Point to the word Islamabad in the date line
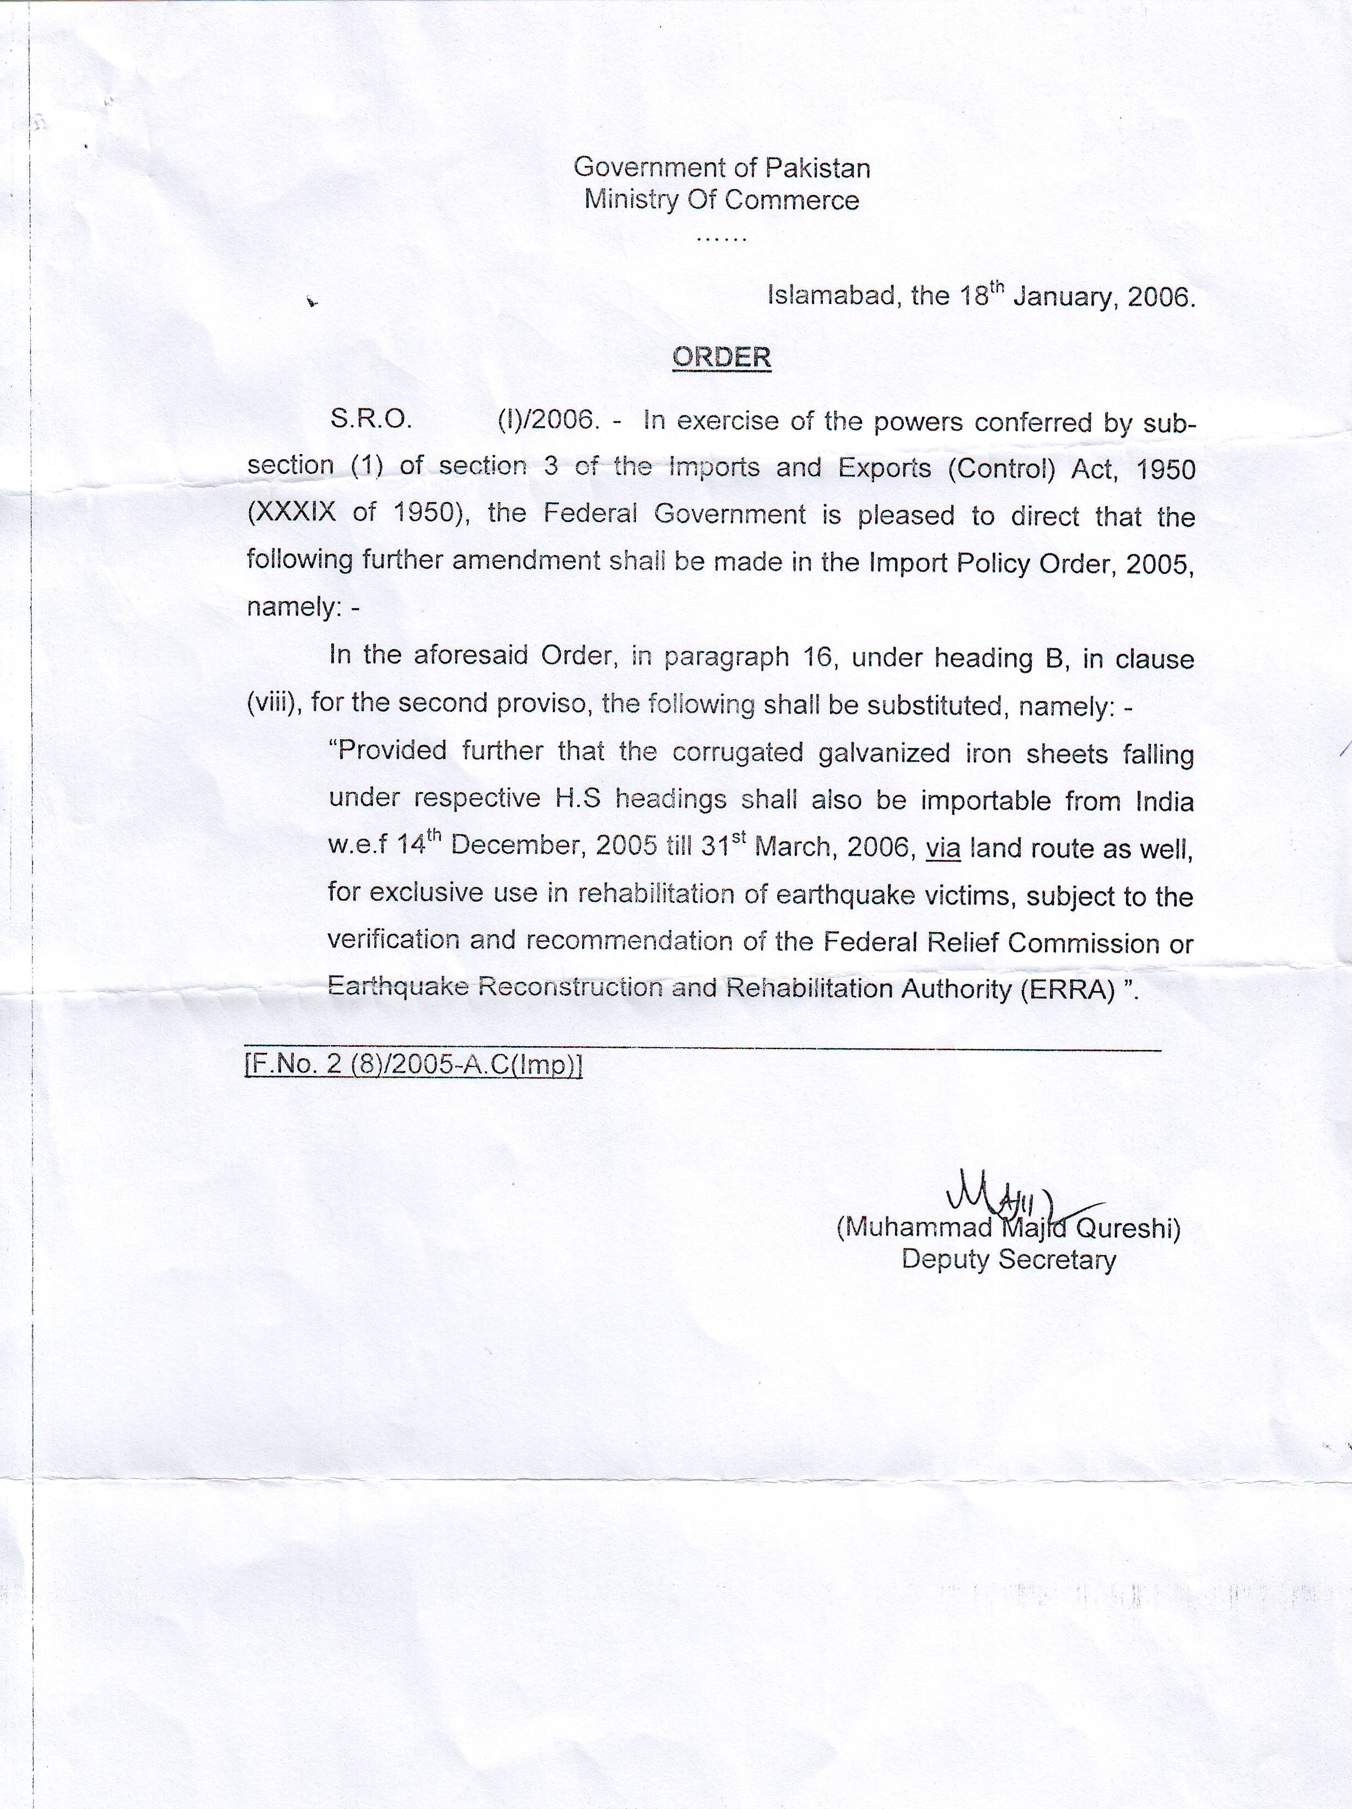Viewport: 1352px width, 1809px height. (825, 295)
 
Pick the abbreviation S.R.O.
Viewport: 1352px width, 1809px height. (370, 419)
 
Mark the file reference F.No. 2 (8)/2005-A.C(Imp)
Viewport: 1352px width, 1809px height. (413, 1067)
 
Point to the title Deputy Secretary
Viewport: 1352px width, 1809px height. (1009, 1260)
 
